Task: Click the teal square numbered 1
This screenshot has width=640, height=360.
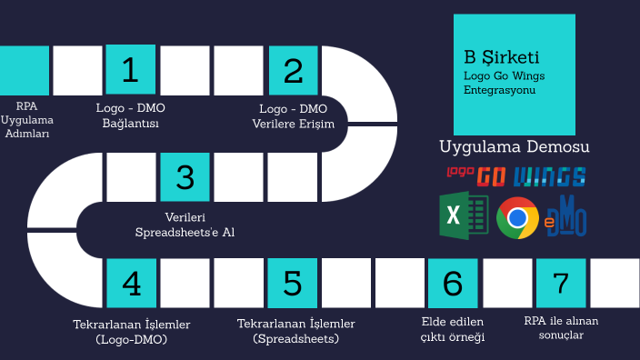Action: coord(131,70)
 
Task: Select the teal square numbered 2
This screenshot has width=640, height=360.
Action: coord(293,70)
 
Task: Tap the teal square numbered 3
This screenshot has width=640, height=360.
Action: coord(185,176)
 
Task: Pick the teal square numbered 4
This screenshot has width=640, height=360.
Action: coord(131,283)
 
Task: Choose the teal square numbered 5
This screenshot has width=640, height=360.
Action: coord(293,283)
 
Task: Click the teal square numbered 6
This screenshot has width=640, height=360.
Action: coord(453,283)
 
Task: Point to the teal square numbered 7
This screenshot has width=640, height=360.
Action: coord(561,283)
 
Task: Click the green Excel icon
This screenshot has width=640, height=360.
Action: coord(464,216)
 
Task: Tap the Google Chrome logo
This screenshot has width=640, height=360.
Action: coord(517,217)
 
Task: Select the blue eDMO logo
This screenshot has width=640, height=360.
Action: coord(566,217)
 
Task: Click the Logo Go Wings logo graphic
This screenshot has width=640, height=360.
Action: coord(515,175)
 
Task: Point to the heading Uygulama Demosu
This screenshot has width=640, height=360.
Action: coord(515,146)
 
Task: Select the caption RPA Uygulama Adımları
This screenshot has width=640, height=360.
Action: coord(26,120)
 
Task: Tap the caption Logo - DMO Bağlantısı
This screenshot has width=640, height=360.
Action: coord(131,116)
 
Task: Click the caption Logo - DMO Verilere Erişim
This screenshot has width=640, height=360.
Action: coord(293,116)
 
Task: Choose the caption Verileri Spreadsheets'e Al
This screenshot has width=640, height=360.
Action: coord(185,225)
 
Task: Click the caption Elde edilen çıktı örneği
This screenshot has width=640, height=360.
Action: coord(453,329)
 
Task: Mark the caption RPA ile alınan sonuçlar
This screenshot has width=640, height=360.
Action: coord(561,327)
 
